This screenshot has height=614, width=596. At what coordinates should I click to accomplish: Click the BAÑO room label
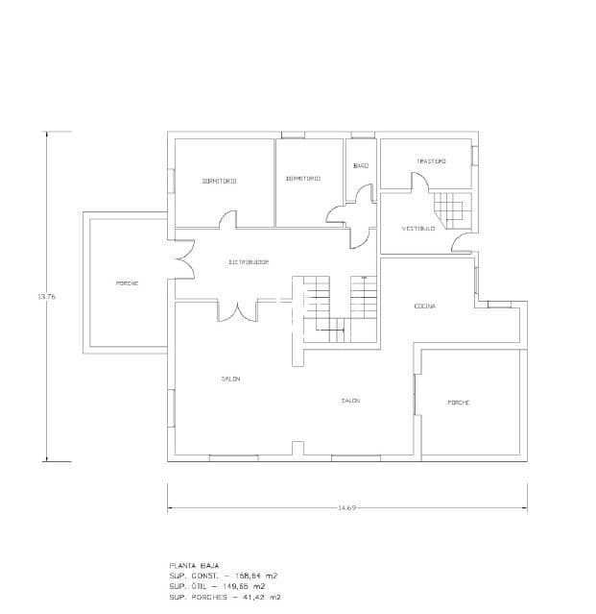[361, 166]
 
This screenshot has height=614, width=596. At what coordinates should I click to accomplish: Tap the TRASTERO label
[431, 161]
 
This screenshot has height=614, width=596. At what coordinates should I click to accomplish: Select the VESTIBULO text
[418, 229]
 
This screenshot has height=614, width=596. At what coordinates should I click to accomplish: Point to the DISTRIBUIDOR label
[248, 262]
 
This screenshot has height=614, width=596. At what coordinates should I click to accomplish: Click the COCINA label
[425, 307]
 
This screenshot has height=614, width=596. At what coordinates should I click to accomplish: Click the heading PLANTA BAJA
[188, 566]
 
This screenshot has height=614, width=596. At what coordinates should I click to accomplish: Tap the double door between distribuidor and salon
[237, 311]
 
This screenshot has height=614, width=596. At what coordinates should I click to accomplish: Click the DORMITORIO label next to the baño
[302, 179]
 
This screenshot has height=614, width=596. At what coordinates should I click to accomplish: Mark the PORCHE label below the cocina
[458, 402]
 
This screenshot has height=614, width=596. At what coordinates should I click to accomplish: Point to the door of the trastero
[419, 184]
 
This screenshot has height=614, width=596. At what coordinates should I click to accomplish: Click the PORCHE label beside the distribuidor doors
[127, 283]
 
